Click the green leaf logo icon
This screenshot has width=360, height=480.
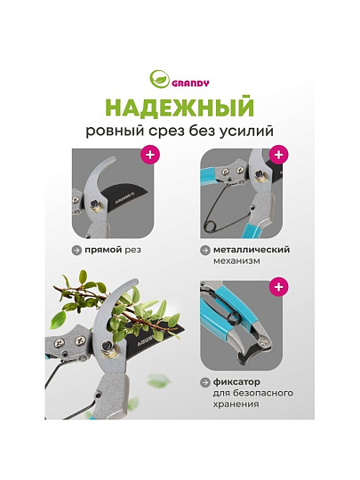[x=159, y=80]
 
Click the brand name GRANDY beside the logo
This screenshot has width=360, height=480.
[x=190, y=84]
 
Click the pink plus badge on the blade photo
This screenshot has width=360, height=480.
[x=150, y=155]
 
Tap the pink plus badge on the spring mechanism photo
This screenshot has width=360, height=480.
[x=278, y=155]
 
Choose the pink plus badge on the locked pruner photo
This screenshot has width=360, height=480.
[x=278, y=287]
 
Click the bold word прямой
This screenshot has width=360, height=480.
[x=103, y=251]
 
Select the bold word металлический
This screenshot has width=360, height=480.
[x=252, y=250]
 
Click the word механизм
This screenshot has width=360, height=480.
[x=236, y=261]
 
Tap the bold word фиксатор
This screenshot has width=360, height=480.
[x=236, y=382]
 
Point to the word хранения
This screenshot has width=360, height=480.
[x=236, y=404]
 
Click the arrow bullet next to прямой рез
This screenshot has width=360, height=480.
[x=76, y=251]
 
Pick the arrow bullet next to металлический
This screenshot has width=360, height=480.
[x=204, y=250]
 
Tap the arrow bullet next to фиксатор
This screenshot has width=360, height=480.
[x=204, y=382]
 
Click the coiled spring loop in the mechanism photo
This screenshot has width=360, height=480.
[x=209, y=226]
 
